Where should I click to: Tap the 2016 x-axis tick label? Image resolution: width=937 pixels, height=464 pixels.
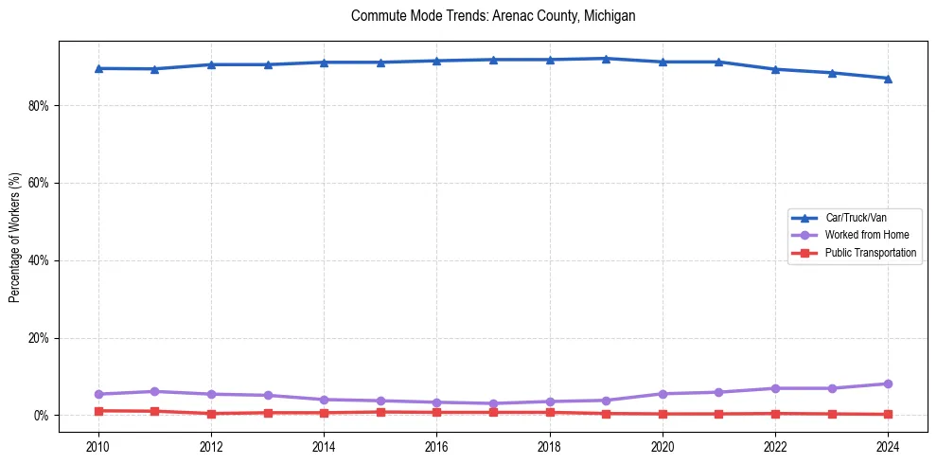[436, 446]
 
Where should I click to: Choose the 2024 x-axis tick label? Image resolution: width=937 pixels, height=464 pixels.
[888, 446]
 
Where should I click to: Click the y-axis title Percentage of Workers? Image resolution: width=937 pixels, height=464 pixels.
[15, 237]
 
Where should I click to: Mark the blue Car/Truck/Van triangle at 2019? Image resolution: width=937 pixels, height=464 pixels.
[606, 59]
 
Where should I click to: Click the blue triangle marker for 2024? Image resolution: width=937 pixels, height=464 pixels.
[888, 79]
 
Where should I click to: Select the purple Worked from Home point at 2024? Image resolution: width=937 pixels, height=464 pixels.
[888, 384]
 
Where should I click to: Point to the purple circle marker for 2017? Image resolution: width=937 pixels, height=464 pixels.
[493, 403]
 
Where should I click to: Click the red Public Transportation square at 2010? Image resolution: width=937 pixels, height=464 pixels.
[98, 411]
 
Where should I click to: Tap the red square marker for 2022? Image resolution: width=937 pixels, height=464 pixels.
[775, 414]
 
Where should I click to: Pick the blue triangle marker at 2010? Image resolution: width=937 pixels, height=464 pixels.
[98, 68]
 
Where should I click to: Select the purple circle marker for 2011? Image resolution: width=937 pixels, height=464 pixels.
[154, 391]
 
